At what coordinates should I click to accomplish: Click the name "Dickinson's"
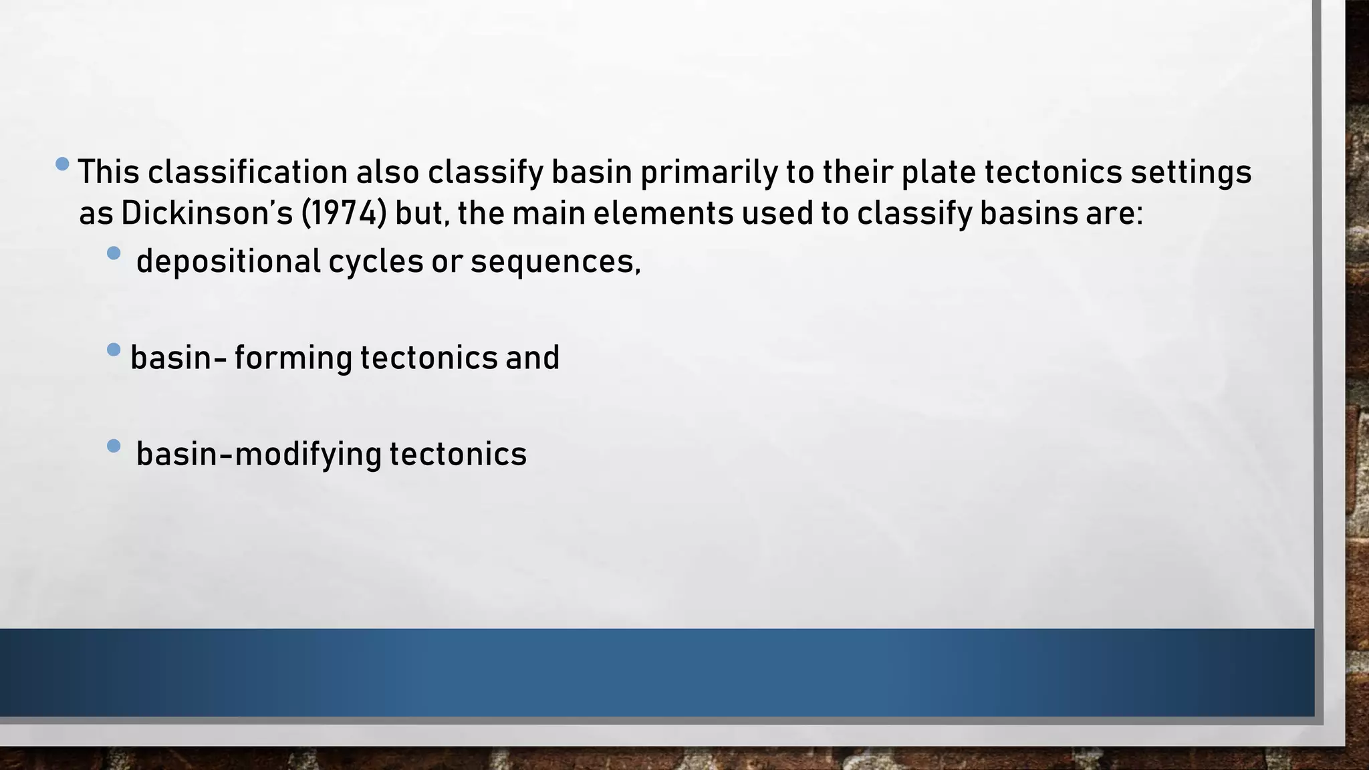(x=207, y=214)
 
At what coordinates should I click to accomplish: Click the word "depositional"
(x=229, y=261)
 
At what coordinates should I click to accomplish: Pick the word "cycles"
(x=376, y=261)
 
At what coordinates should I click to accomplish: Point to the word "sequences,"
(x=555, y=261)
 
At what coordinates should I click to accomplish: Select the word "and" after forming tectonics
(x=532, y=358)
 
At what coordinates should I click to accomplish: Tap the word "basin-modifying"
(x=258, y=455)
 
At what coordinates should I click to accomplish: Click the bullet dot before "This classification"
(x=63, y=164)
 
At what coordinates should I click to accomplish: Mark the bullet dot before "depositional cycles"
(x=114, y=253)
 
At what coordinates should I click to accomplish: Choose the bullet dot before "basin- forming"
(x=114, y=349)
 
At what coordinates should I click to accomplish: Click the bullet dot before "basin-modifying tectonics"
(x=114, y=446)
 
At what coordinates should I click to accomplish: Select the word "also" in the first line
(x=387, y=172)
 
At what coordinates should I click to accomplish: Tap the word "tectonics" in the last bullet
(x=458, y=455)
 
